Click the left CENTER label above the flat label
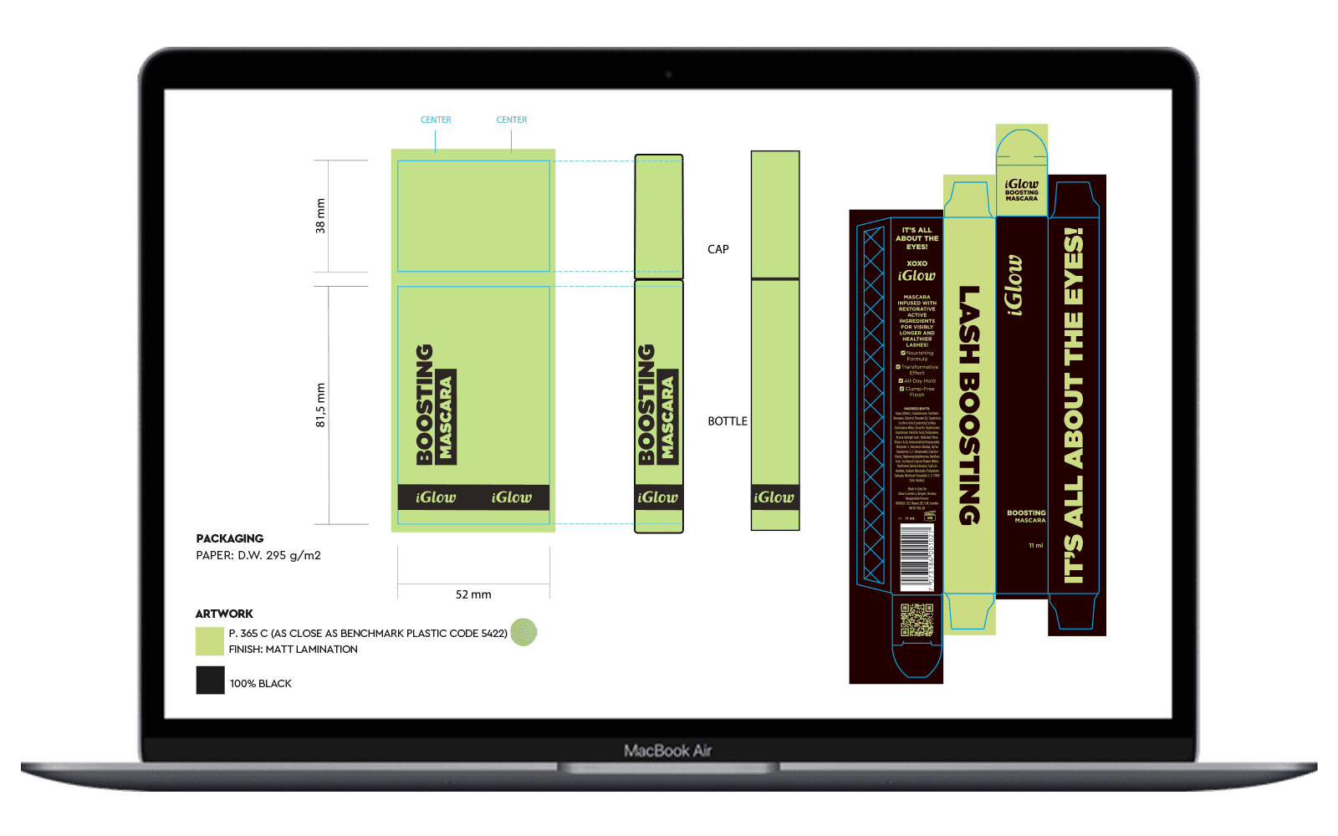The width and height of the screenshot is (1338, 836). pyautogui.click(x=436, y=120)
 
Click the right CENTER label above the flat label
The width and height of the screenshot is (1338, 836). pyautogui.click(x=512, y=120)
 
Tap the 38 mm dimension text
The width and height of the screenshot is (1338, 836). pyautogui.click(x=320, y=216)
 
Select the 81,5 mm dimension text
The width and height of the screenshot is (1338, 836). pyautogui.click(x=320, y=405)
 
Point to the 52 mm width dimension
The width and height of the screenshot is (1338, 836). pyautogui.click(x=473, y=594)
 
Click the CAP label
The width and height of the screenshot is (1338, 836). pyautogui.click(x=718, y=249)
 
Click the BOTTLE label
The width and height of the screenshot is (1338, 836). pyautogui.click(x=728, y=421)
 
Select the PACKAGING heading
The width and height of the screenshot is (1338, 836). pyautogui.click(x=230, y=538)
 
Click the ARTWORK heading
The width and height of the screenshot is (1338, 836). pyautogui.click(x=224, y=614)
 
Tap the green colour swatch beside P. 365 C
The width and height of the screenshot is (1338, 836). pyautogui.click(x=210, y=641)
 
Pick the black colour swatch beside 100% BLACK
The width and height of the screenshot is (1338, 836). pyautogui.click(x=210, y=681)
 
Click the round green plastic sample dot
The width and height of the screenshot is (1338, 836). pyautogui.click(x=523, y=632)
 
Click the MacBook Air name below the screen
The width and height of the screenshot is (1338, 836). pyautogui.click(x=667, y=751)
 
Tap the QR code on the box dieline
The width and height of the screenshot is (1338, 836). pyautogui.click(x=917, y=619)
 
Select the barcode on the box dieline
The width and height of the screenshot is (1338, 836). pyautogui.click(x=917, y=558)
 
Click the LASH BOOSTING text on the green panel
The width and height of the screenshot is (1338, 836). pyautogui.click(x=969, y=405)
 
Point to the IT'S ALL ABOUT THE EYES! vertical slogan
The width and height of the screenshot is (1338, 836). pyautogui.click(x=1074, y=405)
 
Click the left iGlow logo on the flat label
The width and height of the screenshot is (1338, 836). pyautogui.click(x=436, y=497)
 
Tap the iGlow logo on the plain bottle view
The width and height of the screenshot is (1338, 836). pyautogui.click(x=774, y=497)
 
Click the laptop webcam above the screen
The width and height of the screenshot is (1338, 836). pyautogui.click(x=668, y=74)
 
